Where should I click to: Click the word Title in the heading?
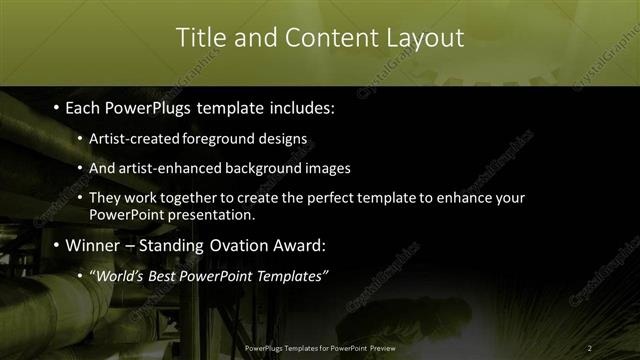pyautogui.click(x=200, y=38)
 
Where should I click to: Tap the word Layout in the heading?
pyautogui.click(x=424, y=38)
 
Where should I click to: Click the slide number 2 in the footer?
pyautogui.click(x=590, y=347)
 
